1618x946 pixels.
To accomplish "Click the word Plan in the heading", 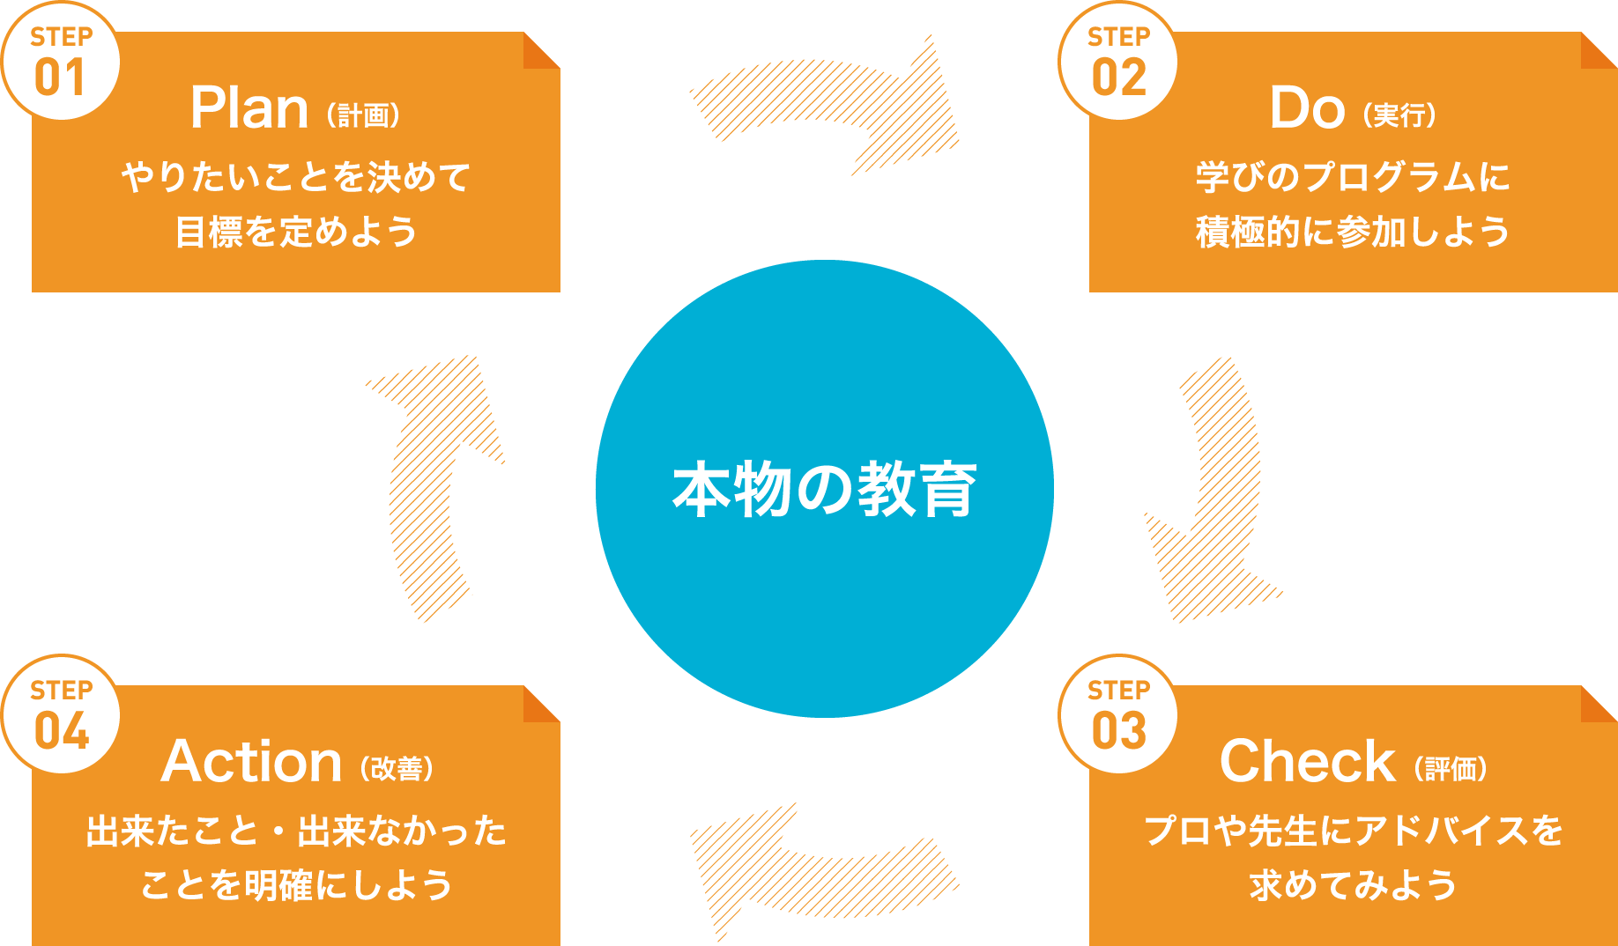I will tap(249, 108).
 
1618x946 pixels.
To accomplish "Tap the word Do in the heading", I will tap(1307, 108).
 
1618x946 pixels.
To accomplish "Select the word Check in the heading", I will tap(1307, 762).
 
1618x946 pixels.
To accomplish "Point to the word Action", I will tap(251, 762).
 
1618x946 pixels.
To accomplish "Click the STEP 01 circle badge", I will tap(61, 62).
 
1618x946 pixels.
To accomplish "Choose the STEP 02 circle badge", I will tap(1118, 62).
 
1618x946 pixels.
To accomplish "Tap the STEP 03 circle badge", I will tap(1118, 715).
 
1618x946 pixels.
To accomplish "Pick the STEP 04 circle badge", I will tap(61, 715).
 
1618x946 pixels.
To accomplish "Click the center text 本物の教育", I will tap(825, 490).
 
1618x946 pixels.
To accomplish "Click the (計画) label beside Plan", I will tap(364, 115).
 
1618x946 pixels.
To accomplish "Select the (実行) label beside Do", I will tap(1400, 115).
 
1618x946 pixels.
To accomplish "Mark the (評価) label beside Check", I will tap(1451, 769).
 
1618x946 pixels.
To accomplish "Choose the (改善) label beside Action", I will tap(397, 769).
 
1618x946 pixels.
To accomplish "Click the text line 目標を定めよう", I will tap(296, 233).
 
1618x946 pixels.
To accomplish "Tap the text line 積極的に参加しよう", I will tap(1353, 233).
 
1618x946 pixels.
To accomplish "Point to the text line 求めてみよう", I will tap(1353, 885).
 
